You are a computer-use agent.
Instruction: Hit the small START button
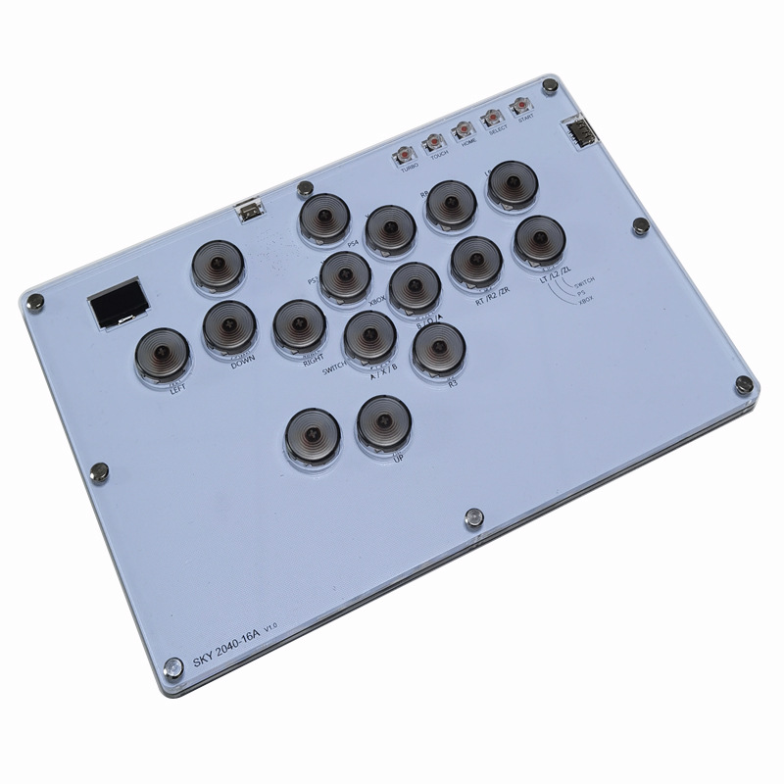pyautogui.click(x=521, y=106)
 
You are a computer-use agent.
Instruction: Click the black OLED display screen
pyautogui.click(x=118, y=307)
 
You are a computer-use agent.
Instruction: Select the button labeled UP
pyautogui.click(x=383, y=421)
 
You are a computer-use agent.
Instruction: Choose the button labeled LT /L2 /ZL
pyautogui.click(x=538, y=239)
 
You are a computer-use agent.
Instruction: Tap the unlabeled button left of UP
pyautogui.click(x=312, y=434)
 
